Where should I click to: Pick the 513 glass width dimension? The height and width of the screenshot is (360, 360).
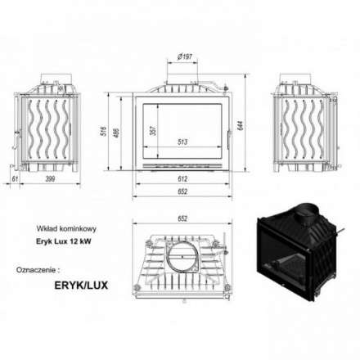(x=182, y=140)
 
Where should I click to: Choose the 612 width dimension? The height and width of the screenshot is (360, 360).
(x=182, y=178)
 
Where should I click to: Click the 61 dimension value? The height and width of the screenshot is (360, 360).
(x=15, y=178)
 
